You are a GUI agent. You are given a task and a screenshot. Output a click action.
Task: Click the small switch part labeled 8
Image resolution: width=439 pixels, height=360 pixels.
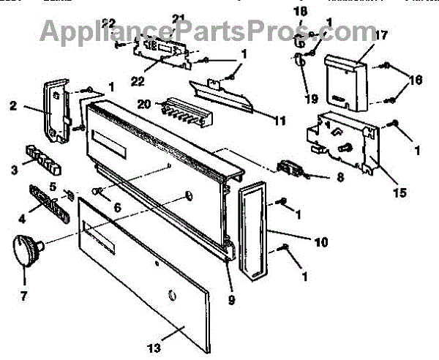tap(290, 169)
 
